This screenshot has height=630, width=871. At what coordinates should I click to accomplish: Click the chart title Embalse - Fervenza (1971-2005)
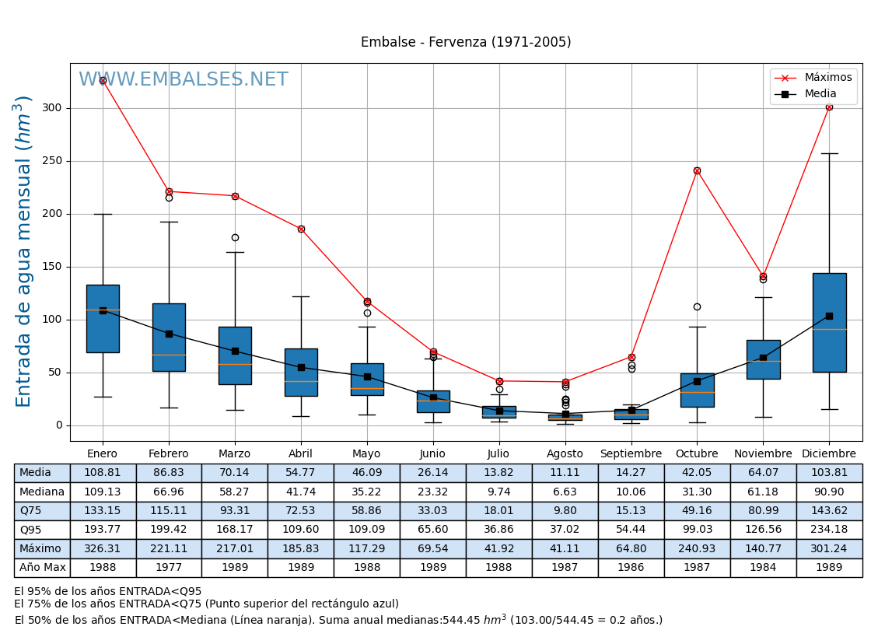pyautogui.click(x=466, y=42)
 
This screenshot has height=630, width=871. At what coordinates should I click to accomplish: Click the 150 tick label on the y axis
pyautogui.click(x=53, y=267)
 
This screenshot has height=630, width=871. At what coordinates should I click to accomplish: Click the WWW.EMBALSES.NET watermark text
pyautogui.click(x=184, y=80)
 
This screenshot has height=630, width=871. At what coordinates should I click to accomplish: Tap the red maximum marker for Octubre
pyautogui.click(x=697, y=170)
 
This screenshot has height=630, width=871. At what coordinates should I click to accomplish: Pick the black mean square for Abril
pyautogui.click(x=301, y=367)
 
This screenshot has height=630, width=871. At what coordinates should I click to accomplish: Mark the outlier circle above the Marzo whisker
pyautogui.click(x=235, y=237)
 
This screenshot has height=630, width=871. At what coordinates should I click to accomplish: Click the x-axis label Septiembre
pyautogui.click(x=631, y=454)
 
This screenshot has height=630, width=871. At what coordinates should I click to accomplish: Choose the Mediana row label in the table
pyautogui.click(x=42, y=492)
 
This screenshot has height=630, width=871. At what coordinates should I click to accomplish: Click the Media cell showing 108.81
pyautogui.click(x=103, y=473)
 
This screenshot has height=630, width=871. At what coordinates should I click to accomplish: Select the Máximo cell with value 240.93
pyautogui.click(x=697, y=548)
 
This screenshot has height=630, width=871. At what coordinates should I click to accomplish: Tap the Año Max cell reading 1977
pyautogui.click(x=169, y=568)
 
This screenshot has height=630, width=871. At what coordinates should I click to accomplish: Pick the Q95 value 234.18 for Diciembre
pyautogui.click(x=829, y=530)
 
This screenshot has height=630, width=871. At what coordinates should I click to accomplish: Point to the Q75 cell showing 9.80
pyautogui.click(x=565, y=511)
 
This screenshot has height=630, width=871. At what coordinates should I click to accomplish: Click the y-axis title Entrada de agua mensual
pyautogui.click(x=24, y=250)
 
